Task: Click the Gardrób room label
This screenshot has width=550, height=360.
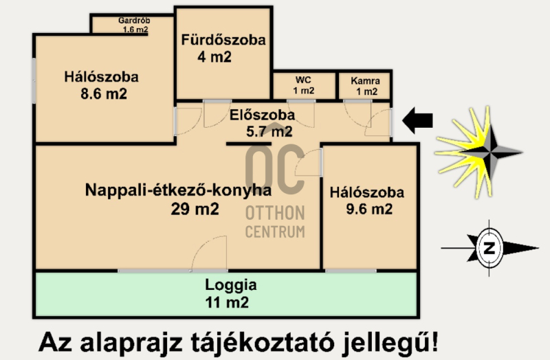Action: (x=134, y=21)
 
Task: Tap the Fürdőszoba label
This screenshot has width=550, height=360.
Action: (x=223, y=40)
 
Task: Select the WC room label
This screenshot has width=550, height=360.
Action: (x=303, y=80)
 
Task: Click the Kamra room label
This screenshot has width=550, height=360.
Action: (x=365, y=81)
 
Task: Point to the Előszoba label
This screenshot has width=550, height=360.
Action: (x=262, y=115)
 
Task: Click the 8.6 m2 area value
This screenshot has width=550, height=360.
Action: (x=104, y=94)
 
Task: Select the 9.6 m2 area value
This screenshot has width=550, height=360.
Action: (x=369, y=210)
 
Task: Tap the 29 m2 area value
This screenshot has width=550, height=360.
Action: (x=195, y=210)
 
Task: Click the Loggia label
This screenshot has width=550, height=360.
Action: (x=231, y=285)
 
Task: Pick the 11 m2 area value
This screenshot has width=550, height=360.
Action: (x=227, y=302)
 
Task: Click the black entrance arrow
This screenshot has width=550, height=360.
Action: (x=417, y=121)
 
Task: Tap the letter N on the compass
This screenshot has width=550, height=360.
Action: (x=489, y=248)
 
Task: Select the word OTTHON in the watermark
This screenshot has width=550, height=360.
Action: (x=275, y=213)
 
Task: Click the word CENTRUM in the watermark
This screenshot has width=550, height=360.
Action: (x=275, y=232)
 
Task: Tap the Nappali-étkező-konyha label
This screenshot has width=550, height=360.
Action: (x=178, y=190)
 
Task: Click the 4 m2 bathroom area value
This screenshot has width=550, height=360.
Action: (x=214, y=57)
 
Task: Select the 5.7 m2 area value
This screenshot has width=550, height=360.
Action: (x=269, y=131)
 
